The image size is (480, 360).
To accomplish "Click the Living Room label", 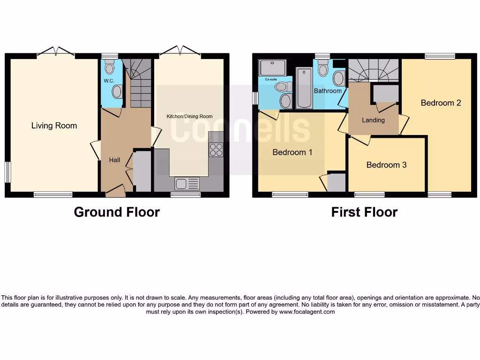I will (x=54, y=126).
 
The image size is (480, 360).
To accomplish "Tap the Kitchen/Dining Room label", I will (x=190, y=116).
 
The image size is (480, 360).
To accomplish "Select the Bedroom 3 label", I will (x=386, y=165).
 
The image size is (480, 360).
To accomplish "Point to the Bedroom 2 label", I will (x=441, y=103).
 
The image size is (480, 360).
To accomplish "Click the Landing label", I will (x=373, y=120).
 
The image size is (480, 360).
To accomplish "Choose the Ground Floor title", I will (x=117, y=212).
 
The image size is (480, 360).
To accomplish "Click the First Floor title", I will (x=364, y=212).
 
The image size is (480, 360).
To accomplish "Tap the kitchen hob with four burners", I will (x=216, y=150).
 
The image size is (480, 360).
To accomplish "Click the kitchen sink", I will (x=187, y=184).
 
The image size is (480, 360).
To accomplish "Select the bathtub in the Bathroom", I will (x=304, y=88).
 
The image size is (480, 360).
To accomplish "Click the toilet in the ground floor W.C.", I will (x=110, y=68).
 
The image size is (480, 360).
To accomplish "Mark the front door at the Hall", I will (x=115, y=190).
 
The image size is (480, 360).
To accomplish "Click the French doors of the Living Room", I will (x=56, y=52).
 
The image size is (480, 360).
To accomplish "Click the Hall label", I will (x=114, y=160).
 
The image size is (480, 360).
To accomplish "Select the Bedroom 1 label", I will (x=292, y=152).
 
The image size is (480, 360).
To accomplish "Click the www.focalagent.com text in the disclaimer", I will (x=307, y=312).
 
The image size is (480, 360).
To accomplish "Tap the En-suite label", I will (x=271, y=80).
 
